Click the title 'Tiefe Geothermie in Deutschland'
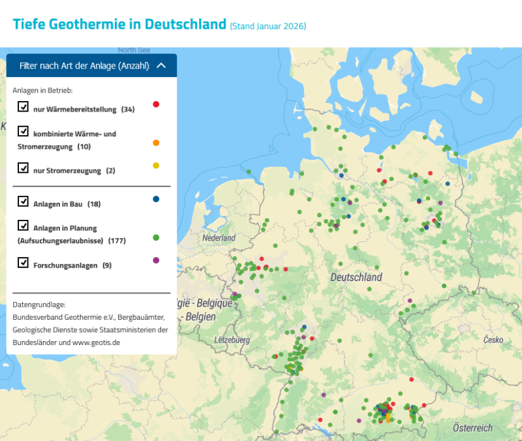[119, 25]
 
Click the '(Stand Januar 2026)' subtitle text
[268, 26]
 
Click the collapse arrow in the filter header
[162, 65]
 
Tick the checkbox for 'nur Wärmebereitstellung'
[23, 106]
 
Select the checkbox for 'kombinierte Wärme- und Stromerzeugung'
[23, 131]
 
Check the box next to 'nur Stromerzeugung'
[23, 168]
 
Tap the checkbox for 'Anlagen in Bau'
[23, 202]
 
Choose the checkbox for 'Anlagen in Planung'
[23, 226]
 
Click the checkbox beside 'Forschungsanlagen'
[23, 263]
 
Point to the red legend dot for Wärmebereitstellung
[156, 104]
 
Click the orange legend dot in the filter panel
[156, 143]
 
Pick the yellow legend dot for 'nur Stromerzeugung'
[156, 166]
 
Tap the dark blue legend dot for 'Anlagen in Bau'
[156, 199]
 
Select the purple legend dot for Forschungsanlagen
[156, 260]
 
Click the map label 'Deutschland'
[356, 277]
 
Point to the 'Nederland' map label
[219, 238]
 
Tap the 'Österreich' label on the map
[472, 428]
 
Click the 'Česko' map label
[493, 340]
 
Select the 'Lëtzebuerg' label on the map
[232, 340]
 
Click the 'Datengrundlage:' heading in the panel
[39, 305]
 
